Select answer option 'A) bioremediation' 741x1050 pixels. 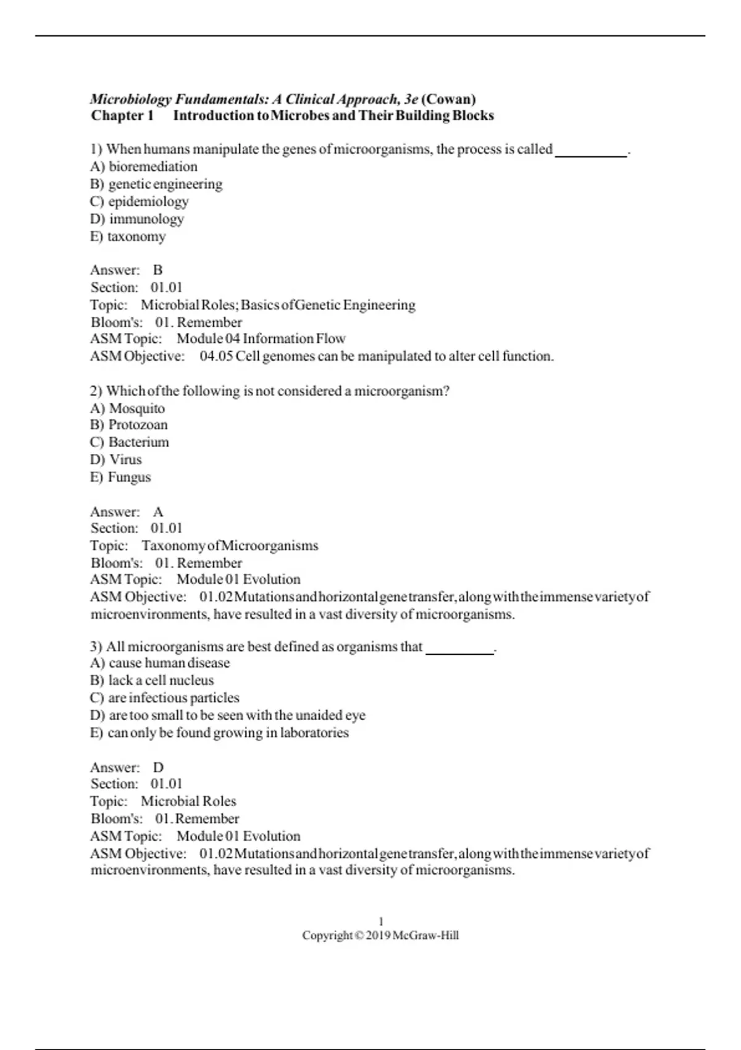pyautogui.click(x=144, y=167)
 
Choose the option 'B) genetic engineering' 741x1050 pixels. pyautogui.click(x=156, y=184)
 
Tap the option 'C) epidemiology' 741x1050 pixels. pyautogui.click(x=140, y=201)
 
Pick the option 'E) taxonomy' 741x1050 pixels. pyautogui.click(x=128, y=237)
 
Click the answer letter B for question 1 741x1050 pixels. pyautogui.click(x=158, y=270)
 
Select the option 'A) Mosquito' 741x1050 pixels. pyautogui.click(x=128, y=408)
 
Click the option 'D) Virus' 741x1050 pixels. pyautogui.click(x=116, y=460)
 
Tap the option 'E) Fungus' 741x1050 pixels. pyautogui.click(x=120, y=477)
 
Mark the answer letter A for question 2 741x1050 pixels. pyautogui.click(x=158, y=512)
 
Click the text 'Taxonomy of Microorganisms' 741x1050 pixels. pyautogui.click(x=230, y=546)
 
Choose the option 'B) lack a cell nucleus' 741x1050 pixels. pyautogui.click(x=152, y=681)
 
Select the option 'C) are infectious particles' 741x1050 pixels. pyautogui.click(x=165, y=698)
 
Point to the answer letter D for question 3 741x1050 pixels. pyautogui.click(x=159, y=768)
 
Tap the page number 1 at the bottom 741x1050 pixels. pyautogui.click(x=380, y=922)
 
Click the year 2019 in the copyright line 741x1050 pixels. pyautogui.click(x=378, y=936)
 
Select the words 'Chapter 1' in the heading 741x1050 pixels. pyautogui.click(x=122, y=116)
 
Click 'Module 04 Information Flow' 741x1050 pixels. pyautogui.click(x=261, y=338)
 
